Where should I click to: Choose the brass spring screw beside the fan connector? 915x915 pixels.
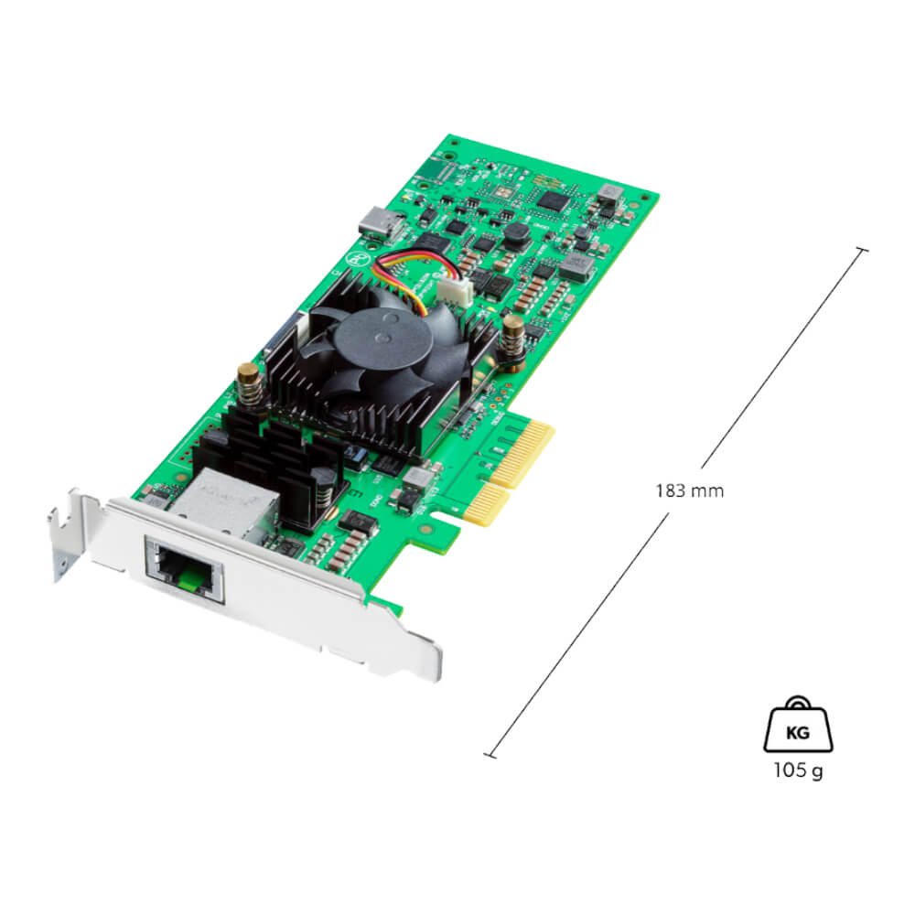click(512, 335)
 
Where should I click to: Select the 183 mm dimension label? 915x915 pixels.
click(689, 490)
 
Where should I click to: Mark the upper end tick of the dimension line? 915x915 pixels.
click(861, 248)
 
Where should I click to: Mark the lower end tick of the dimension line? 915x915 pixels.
click(490, 755)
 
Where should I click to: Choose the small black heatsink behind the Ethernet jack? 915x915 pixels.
click(274, 457)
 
